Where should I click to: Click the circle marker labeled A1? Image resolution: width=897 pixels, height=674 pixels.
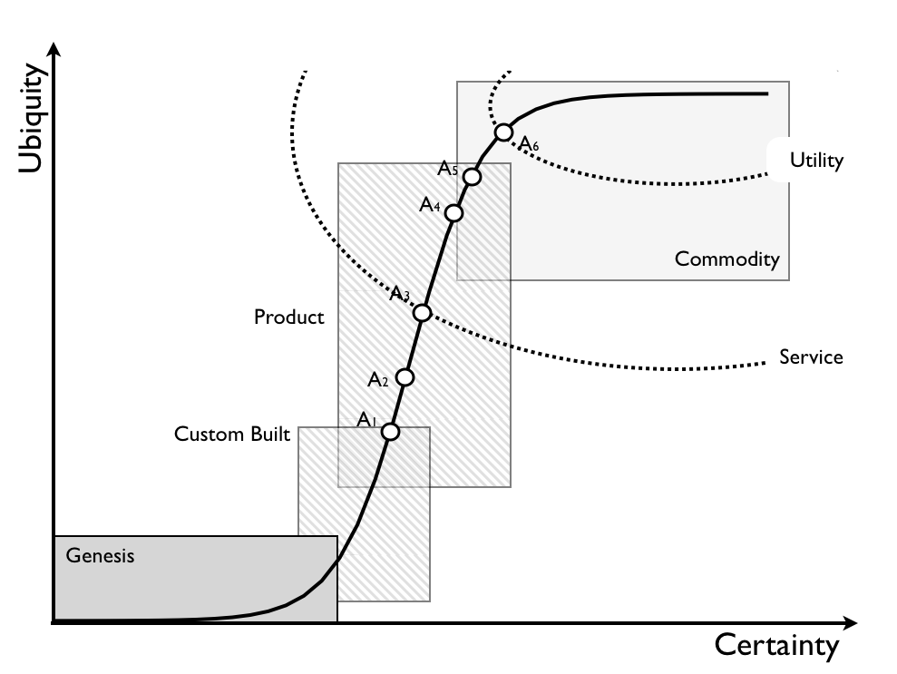click(x=390, y=432)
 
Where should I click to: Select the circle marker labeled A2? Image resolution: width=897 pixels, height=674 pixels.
click(x=405, y=377)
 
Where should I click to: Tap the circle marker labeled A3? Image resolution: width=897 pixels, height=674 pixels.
click(x=422, y=313)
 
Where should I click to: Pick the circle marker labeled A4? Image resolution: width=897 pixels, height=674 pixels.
click(x=454, y=213)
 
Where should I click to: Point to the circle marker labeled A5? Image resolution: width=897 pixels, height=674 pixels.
click(x=471, y=177)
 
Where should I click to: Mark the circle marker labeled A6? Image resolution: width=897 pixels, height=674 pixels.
click(x=503, y=132)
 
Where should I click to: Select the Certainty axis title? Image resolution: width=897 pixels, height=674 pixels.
click(x=776, y=646)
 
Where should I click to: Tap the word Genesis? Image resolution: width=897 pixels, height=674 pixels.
click(x=100, y=555)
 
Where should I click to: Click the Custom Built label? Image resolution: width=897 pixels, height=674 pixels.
click(x=232, y=435)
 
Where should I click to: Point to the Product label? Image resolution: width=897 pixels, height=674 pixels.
click(x=288, y=317)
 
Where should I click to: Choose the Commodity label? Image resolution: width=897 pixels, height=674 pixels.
click(x=726, y=259)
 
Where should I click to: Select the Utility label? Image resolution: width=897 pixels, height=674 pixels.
click(x=816, y=161)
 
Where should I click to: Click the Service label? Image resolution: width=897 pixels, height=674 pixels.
click(x=811, y=357)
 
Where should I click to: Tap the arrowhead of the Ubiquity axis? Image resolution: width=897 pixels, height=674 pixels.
click(x=55, y=47)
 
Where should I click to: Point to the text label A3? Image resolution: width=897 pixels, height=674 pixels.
click(x=400, y=294)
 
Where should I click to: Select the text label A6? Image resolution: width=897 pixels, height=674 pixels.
click(x=529, y=143)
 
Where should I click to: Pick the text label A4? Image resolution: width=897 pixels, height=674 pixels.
click(x=430, y=206)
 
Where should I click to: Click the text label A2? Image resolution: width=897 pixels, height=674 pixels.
click(x=378, y=380)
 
